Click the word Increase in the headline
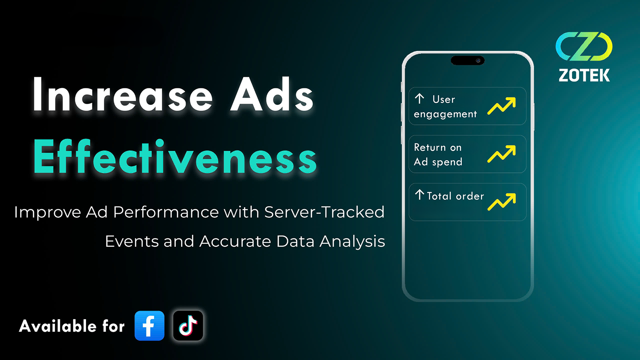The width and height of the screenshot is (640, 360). [122, 94]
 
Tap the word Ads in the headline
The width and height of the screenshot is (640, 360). [272, 94]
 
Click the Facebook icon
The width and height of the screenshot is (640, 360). [150, 326]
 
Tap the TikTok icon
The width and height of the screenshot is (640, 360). [188, 326]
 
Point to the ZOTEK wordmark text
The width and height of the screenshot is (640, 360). [584, 75]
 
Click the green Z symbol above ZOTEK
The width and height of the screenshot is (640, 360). [584, 46]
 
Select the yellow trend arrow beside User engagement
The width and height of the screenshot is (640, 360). [502, 106]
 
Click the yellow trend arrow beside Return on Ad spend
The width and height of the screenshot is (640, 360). [502, 154]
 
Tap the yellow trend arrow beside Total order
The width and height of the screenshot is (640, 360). [502, 202]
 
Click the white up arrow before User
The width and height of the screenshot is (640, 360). [420, 98]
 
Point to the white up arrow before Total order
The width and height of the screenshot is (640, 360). [420, 195]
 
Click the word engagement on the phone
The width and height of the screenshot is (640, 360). [445, 114]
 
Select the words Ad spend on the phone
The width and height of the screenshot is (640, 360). [438, 162]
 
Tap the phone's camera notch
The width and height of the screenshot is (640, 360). [468, 60]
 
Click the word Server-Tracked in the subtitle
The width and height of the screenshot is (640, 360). [324, 212]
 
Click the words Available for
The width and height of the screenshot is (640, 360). [72, 326]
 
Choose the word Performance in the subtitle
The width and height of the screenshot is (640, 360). [166, 212]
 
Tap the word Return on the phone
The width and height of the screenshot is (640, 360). [430, 148]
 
